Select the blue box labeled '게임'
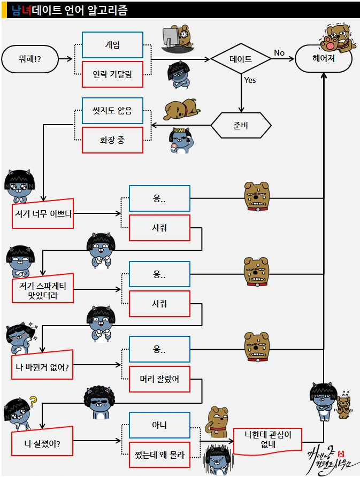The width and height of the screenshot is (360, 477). pos(112,45)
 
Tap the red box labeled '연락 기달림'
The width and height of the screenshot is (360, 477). pos(112,74)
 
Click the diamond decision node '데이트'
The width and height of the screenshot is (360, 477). pos(241,59)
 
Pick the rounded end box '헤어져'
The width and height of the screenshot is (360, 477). pos(324,59)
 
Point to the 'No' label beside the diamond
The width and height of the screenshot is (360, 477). pos(279,52)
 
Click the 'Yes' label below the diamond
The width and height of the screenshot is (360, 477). pos(250,80)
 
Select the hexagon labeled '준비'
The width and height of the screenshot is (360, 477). pos(241,126)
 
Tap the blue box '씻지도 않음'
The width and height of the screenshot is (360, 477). pos(112,111)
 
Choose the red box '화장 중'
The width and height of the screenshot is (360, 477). pos(112,140)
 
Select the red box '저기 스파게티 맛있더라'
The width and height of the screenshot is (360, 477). pos(43,290)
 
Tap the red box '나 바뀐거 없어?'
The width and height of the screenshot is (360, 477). pos(43,367)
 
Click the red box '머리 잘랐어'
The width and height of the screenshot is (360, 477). pos(159,380)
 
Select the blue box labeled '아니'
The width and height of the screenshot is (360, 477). pos(159,425)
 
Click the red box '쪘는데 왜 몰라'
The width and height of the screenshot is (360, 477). pos(159,455)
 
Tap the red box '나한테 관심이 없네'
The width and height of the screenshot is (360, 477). pos(267,441)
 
